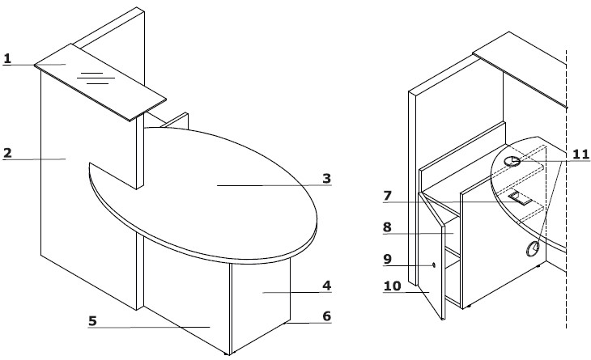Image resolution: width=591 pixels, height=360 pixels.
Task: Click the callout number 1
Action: coord(7,58)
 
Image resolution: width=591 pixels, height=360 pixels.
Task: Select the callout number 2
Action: coord(7,153)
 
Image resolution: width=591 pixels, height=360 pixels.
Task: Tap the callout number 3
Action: coord(327,178)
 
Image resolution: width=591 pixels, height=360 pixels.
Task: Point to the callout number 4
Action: coord(327,286)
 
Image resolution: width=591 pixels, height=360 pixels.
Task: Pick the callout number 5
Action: coord(93,321)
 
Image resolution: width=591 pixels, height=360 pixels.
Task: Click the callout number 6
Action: coord(327,316)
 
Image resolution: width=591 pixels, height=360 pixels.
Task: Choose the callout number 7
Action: coord(388,196)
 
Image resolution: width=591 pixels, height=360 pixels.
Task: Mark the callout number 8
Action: coord(387,227)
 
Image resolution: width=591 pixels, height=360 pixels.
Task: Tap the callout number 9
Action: coord(387,259)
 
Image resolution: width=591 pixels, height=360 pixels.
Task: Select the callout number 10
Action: coord(393,286)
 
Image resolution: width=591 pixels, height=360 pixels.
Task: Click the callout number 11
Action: coord(580,154)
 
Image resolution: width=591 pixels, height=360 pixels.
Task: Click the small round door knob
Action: coord(434,265)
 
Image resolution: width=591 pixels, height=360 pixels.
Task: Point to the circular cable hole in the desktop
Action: coord(512,162)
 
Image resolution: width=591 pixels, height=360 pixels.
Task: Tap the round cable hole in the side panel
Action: coord(533,248)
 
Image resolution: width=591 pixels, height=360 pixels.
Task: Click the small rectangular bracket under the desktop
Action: coord(520,198)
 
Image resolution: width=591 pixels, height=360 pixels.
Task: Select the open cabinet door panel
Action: coord(432,256)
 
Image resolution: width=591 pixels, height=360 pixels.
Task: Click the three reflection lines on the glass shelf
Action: coord(96,78)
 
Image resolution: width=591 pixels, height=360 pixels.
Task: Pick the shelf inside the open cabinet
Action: coord(453,253)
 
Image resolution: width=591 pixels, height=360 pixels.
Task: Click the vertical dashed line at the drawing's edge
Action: coord(566,188)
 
